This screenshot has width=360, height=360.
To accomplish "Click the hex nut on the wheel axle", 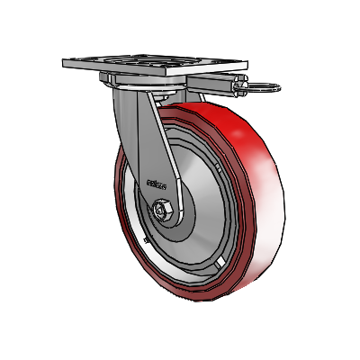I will (x=163, y=211).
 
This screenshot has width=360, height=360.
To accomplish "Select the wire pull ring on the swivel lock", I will (x=266, y=88).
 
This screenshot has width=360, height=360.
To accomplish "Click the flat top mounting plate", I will (x=153, y=66).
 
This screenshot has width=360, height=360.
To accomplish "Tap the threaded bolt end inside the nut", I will (x=163, y=211).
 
